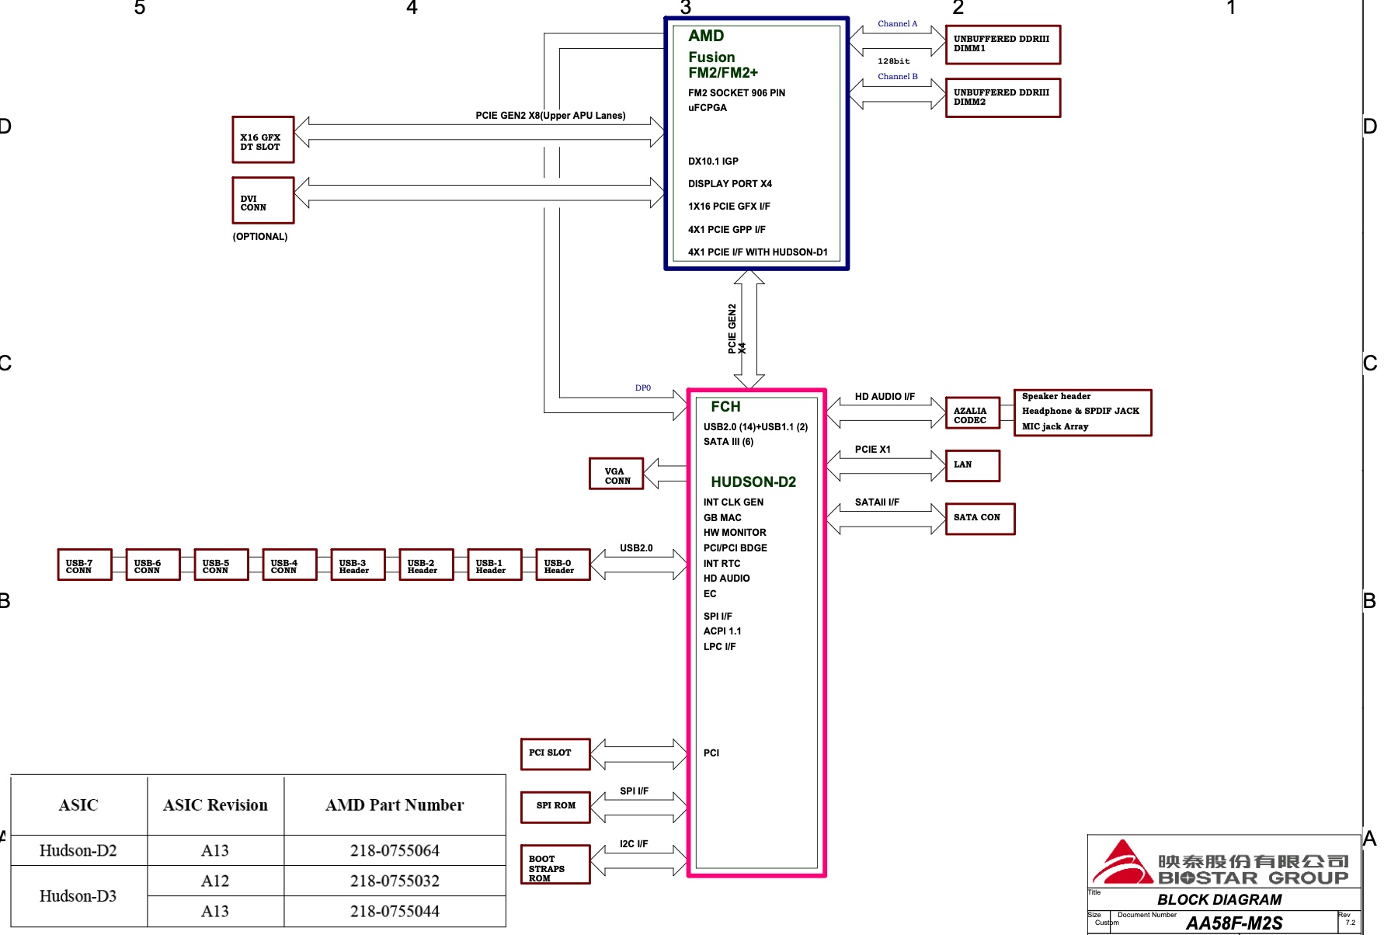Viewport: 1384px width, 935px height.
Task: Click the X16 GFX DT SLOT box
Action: pyautogui.click(x=263, y=140)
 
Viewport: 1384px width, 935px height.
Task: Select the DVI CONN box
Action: pyautogui.click(x=263, y=200)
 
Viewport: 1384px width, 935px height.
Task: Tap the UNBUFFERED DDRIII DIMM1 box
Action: pyautogui.click(x=1002, y=44)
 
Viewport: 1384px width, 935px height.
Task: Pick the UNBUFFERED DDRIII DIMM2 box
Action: pyautogui.click(x=1002, y=98)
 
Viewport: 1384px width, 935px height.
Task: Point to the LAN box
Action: pyautogui.click(x=972, y=465)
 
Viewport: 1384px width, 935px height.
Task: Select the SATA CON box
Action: pyautogui.click(x=979, y=518)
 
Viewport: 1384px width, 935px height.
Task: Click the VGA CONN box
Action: pyautogui.click(x=616, y=473)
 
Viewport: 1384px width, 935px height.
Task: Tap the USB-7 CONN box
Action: pyautogui.click(x=84, y=565)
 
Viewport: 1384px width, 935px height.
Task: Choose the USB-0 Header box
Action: pyautogui.click(x=562, y=565)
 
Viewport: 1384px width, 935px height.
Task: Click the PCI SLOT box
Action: pyautogui.click(x=555, y=753)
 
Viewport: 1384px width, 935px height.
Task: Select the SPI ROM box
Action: pyautogui.click(x=555, y=806)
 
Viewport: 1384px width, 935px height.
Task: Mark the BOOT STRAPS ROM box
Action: pyautogui.click(x=555, y=864)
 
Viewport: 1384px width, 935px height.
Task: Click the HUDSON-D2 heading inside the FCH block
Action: pyautogui.click(x=753, y=482)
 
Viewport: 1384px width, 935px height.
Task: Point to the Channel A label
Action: pyautogui.click(x=897, y=24)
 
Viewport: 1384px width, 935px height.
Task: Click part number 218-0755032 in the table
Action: pyautogui.click(x=395, y=881)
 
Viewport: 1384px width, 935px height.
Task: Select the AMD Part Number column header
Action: pyautogui.click(x=395, y=805)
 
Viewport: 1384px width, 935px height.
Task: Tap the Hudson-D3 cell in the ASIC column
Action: pyautogui.click(x=78, y=896)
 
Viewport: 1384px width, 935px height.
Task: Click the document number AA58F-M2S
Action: pyautogui.click(x=1233, y=923)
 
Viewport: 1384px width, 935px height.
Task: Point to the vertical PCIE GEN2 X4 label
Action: pyautogui.click(x=736, y=329)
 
